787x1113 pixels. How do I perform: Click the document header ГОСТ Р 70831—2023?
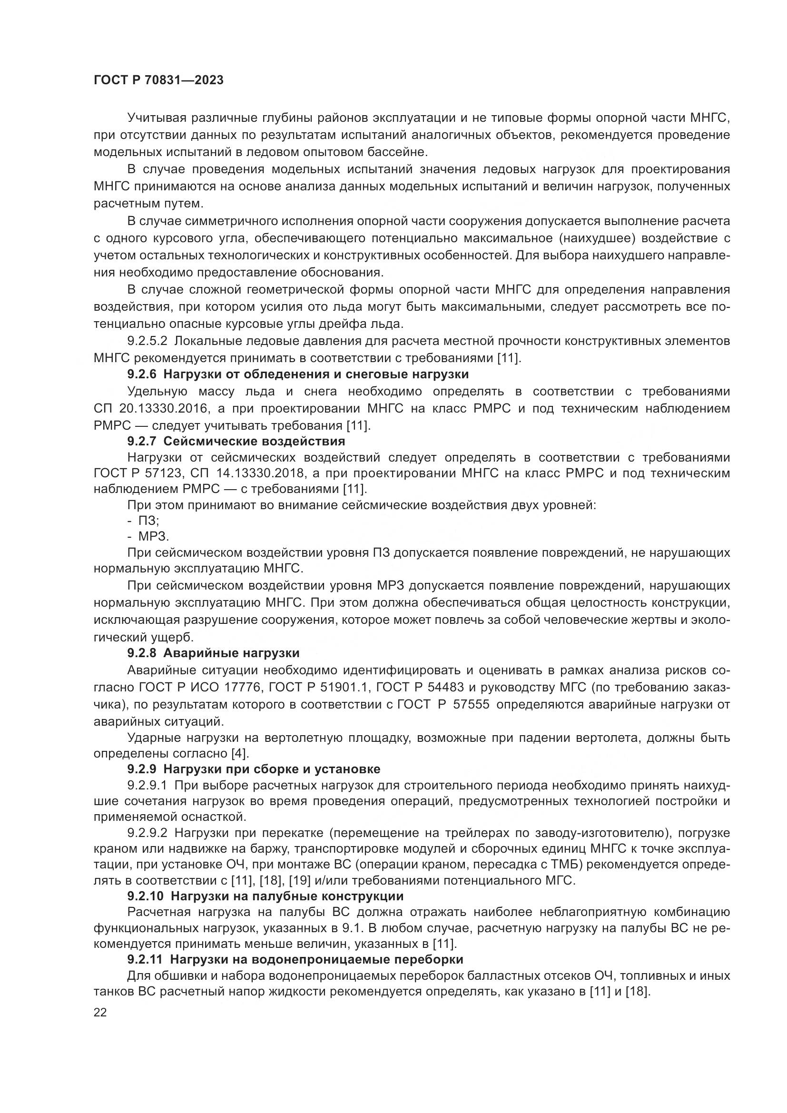158,80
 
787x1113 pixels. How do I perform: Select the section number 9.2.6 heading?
142,374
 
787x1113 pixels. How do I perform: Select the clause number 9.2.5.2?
148,341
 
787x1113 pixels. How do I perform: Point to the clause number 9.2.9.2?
148,833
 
